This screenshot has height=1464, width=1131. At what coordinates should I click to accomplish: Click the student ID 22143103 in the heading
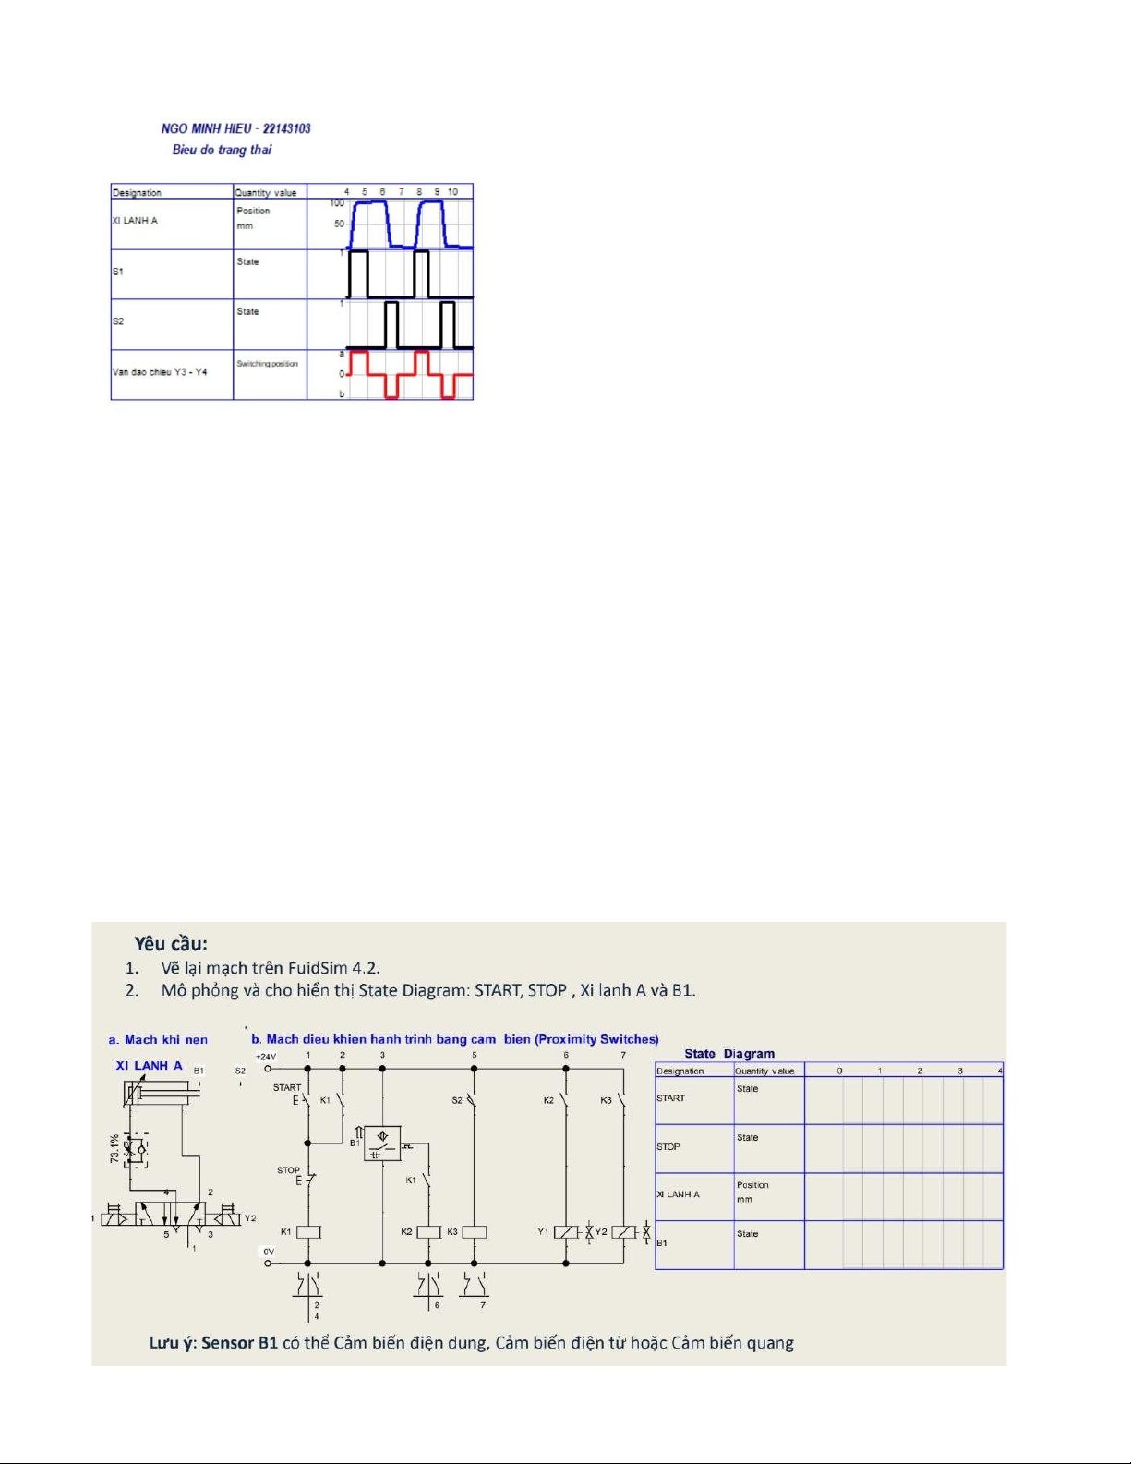[x=286, y=128]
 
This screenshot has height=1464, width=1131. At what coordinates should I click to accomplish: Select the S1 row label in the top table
[x=118, y=272]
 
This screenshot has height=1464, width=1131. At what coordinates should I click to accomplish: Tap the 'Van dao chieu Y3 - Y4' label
[x=160, y=372]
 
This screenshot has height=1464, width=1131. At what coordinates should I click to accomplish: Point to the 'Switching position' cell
[x=267, y=364]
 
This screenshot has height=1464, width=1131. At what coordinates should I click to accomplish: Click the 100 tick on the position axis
[x=337, y=203]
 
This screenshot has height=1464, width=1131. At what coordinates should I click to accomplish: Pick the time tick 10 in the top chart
[x=452, y=192]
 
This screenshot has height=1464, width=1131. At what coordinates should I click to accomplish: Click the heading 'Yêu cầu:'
[x=171, y=943]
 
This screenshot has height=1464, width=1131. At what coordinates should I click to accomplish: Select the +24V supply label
[x=266, y=1056]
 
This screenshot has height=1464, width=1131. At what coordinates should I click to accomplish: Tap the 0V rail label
[x=269, y=1252]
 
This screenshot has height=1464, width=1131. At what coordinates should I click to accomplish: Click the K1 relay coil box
[x=307, y=1231]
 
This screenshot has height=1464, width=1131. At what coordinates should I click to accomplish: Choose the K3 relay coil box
[x=474, y=1231]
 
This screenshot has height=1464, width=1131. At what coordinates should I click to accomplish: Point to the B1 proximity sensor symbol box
[x=382, y=1143]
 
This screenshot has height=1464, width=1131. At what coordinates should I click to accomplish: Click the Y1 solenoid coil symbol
[x=566, y=1231]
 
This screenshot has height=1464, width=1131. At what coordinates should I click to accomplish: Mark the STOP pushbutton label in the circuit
[x=288, y=1170]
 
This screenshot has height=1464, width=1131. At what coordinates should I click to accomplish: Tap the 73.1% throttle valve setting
[x=114, y=1151]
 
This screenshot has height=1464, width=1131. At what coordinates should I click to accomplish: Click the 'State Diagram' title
[x=729, y=1053]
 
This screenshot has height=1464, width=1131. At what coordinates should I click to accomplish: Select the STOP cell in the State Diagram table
[x=668, y=1146]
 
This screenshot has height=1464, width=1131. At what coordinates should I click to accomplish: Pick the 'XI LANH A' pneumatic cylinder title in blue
[x=150, y=1065]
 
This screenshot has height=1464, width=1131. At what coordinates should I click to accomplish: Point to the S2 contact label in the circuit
[x=457, y=1100]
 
